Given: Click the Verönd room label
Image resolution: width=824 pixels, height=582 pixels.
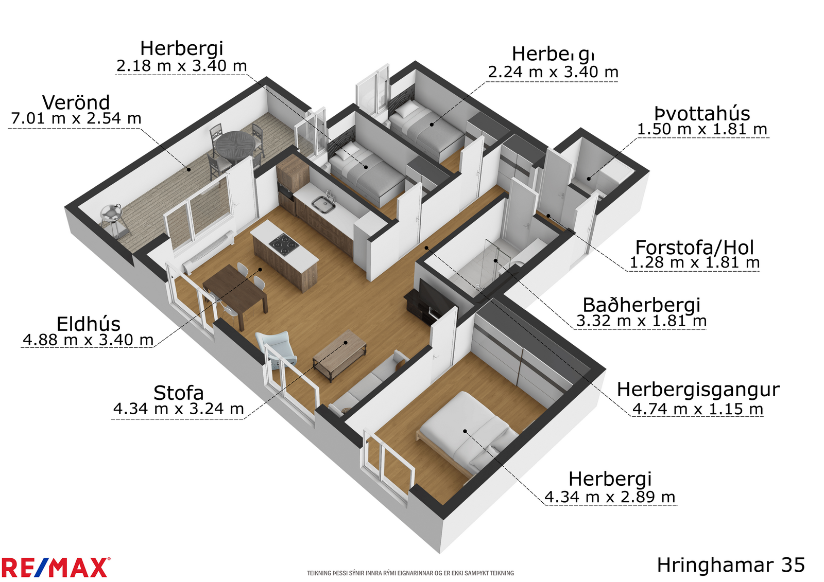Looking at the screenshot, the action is coord(76,102).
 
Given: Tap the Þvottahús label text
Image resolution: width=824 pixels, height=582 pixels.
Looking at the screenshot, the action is coord(702,113).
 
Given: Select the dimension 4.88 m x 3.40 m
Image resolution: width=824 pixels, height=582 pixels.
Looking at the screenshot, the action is coord(88,339).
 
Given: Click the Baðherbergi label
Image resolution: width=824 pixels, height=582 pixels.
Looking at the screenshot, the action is coord(642,305).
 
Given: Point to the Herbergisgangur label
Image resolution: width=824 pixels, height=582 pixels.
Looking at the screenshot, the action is coord(698,390).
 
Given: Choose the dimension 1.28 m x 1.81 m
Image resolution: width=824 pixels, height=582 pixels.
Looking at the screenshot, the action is coord(695,262).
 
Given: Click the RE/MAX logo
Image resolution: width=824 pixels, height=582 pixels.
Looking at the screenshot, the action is coord(56,568).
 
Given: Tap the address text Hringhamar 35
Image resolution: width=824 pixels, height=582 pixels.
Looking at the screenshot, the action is coord(731,565).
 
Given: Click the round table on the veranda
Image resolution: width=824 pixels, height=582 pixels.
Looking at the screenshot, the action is coord(235,146).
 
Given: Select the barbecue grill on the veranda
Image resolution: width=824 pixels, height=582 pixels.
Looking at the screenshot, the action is coord(114,220).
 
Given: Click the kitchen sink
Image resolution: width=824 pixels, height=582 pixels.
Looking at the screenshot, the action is coord(323,204).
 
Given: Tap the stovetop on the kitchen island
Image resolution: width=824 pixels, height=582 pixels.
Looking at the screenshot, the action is coord(284,244).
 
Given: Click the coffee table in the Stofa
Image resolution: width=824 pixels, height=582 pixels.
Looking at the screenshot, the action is coord(339,355).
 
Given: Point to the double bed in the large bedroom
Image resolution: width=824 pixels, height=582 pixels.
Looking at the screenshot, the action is coord(467,432).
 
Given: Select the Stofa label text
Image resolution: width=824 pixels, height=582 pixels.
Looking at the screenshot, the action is coord(178,393).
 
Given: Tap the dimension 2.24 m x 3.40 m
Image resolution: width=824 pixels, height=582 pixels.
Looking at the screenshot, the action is coord(553,72).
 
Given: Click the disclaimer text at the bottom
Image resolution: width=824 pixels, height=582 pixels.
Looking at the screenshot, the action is coord(410,573).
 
